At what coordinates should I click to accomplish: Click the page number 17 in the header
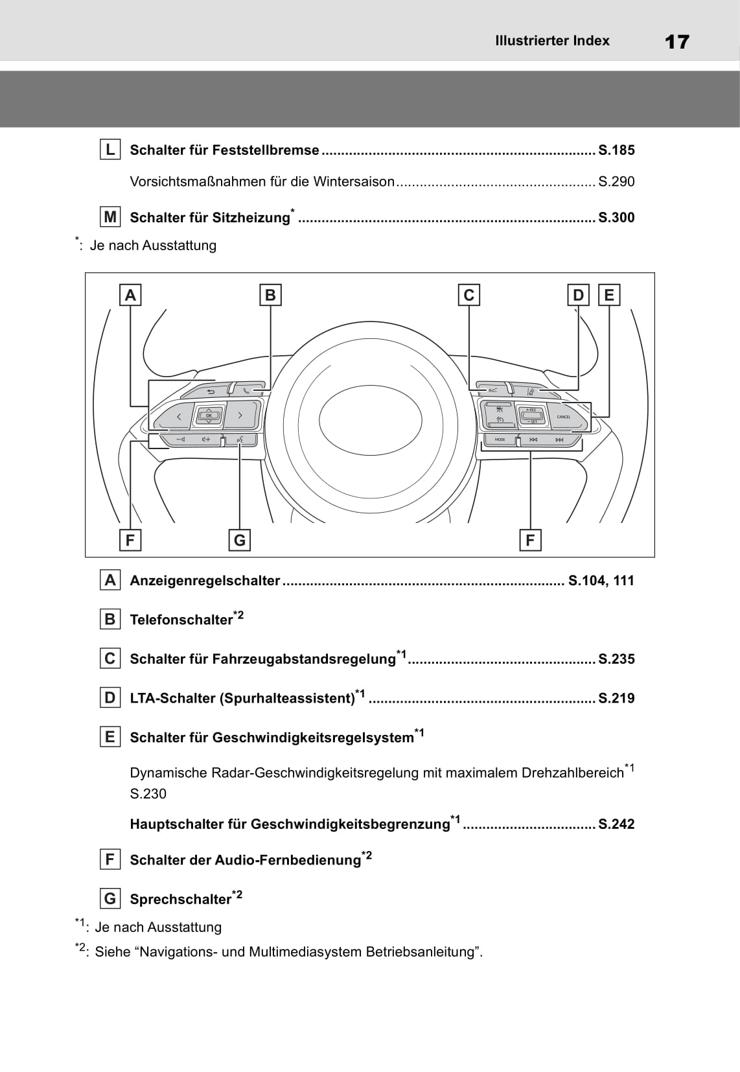(676, 42)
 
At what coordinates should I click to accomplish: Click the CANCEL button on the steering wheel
(563, 417)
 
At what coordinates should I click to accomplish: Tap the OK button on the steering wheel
(209, 415)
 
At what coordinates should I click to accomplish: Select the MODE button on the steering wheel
(500, 439)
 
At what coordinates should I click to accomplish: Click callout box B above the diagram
(270, 295)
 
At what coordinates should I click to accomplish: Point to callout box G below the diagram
(239, 540)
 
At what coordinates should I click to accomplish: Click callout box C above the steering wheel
(468, 295)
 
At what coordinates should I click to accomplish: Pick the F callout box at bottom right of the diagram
(530, 540)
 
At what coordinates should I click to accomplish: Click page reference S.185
(616, 150)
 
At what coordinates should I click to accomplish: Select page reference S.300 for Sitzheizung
(616, 218)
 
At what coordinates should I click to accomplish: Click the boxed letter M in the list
(110, 217)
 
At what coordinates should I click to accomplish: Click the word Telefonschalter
(181, 620)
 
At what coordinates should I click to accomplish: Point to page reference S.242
(616, 824)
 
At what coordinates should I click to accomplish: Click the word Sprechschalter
(180, 900)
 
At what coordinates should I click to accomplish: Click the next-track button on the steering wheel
(559, 439)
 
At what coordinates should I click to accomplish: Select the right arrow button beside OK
(240, 415)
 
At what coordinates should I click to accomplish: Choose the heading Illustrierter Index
(552, 41)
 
